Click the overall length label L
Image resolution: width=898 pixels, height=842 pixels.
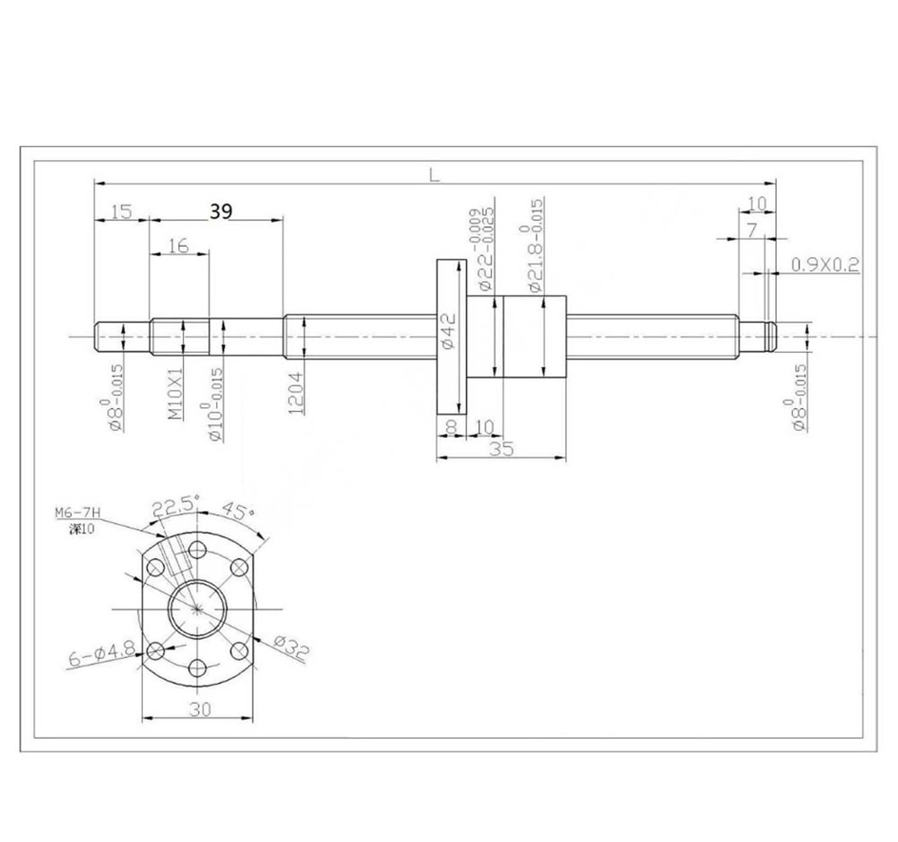pos(434,175)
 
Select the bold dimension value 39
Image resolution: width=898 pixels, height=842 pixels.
pos(221,212)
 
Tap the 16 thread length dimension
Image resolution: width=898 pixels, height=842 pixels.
pos(178,246)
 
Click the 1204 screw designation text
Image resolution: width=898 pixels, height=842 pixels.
pos(296,392)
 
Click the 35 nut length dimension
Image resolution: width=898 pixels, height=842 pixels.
pos(501,449)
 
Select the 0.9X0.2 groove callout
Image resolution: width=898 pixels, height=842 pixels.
pos(824,265)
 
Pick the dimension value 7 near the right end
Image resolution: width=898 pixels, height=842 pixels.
pos(752,230)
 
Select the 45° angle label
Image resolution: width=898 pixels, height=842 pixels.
pos(238,510)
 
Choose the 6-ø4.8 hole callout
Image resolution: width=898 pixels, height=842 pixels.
pos(102,655)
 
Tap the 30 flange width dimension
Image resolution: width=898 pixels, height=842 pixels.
pos(200,710)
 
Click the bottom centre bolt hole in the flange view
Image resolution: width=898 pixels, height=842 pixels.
pos(198,668)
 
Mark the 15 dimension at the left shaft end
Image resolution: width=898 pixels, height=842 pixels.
pos(121,212)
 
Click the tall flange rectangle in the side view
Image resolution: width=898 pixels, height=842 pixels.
pos(451,337)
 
